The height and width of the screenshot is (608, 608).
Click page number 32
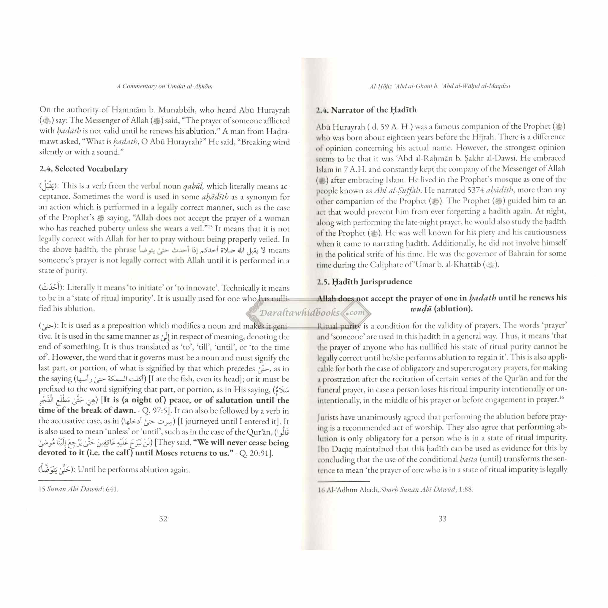[x=163, y=519]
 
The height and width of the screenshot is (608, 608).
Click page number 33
[x=442, y=519]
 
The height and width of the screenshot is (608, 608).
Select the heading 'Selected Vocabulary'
[x=91, y=169]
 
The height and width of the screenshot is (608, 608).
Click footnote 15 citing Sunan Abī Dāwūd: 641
[x=78, y=489]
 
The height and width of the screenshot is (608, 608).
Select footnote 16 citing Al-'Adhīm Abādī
[x=395, y=489]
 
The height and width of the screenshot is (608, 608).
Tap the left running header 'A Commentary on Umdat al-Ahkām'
[x=164, y=86]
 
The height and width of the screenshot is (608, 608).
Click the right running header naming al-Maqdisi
[x=440, y=86]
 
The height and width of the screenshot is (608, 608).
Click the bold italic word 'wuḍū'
[x=421, y=309]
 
